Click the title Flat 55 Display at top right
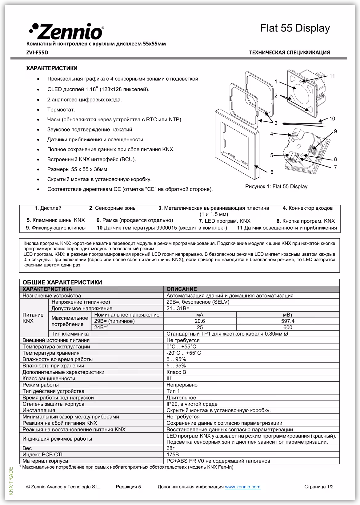point(295,28)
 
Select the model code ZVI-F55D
point(37,52)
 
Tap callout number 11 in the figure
point(332,76)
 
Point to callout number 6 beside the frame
point(272,172)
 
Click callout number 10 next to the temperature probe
point(332,119)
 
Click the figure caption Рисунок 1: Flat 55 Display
point(276,186)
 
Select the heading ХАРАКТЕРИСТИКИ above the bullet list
point(52,68)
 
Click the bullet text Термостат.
point(61,110)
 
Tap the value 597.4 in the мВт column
point(288,321)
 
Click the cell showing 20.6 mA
point(200,321)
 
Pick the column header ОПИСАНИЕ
point(182,289)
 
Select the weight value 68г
point(170,448)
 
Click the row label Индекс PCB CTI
point(42,454)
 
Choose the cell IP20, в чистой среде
point(192,404)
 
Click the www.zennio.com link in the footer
point(242,487)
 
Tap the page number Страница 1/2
point(319,487)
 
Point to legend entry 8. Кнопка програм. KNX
point(305,221)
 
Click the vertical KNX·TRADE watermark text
point(11,481)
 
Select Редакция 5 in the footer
point(128,487)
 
